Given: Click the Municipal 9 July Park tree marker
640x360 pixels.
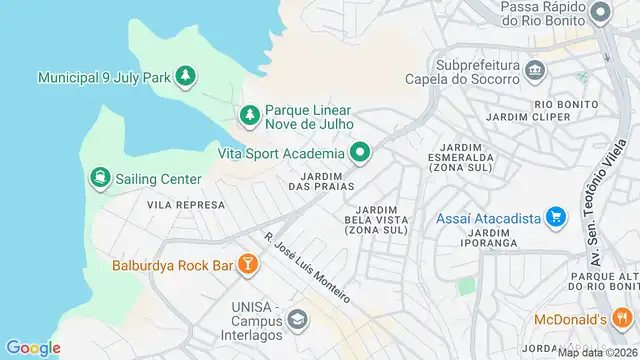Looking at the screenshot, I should (x=184, y=76).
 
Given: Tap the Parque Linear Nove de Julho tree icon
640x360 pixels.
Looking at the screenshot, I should (x=249, y=116).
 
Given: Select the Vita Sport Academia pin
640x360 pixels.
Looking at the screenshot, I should (x=360, y=154).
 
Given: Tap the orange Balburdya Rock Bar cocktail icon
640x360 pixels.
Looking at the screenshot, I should (x=247, y=265).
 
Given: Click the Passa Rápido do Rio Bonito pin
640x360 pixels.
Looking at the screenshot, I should (x=600, y=13).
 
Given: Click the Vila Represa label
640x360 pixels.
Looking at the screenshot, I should (x=186, y=204).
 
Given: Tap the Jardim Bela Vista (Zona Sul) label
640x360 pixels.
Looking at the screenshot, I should (x=376, y=220).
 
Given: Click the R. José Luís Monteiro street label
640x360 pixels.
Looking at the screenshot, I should (x=307, y=269).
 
